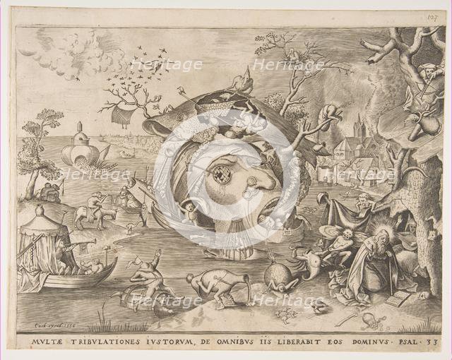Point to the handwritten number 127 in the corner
[432, 16]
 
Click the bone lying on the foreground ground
[346, 320]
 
